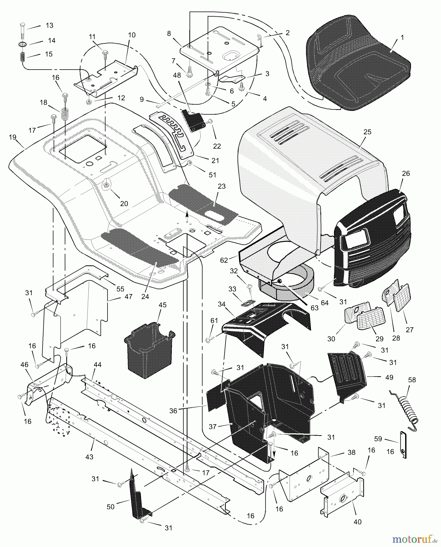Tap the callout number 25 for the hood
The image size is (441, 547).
pos(367,132)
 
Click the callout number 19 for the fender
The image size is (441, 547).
pos(12,137)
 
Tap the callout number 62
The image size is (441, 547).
pos(224,260)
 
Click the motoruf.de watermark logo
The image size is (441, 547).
pos(416,539)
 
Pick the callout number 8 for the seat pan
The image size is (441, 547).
pos(169,34)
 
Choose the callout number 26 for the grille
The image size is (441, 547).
pos(406,174)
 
